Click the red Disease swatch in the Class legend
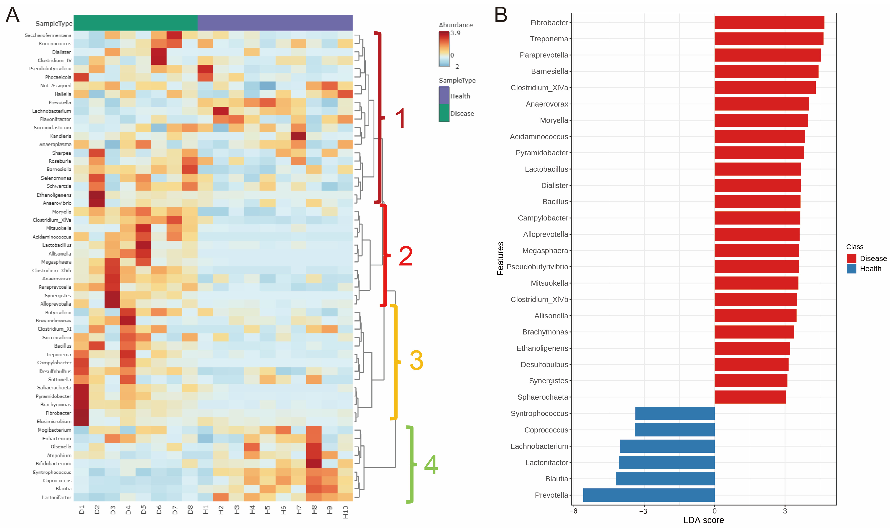coord(851,258)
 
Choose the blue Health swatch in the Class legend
coord(851,269)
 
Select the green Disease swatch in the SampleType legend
coord(444,113)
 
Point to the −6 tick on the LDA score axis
coord(573,511)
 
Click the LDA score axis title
coord(703,520)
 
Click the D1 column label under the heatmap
coord(82,510)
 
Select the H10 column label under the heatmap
coord(345,512)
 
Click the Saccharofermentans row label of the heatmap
coord(48,35)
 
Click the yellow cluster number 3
coord(416,360)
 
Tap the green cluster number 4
coord(431,465)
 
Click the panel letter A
coord(13,15)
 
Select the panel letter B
coord(501,15)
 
